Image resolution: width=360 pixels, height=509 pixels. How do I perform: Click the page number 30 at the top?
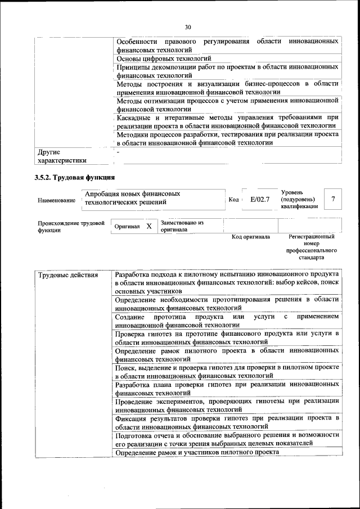click(188, 26)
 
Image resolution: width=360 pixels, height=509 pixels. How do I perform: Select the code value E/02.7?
click(260, 200)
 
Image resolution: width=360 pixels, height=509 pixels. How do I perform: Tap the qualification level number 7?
click(334, 200)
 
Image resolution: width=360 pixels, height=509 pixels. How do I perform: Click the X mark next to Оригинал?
click(149, 226)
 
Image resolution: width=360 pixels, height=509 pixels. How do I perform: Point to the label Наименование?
click(56, 201)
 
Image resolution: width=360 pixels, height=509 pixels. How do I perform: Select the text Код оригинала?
click(251, 237)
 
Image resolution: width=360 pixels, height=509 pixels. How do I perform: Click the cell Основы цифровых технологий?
click(164, 58)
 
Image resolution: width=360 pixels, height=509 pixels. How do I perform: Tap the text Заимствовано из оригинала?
click(182, 226)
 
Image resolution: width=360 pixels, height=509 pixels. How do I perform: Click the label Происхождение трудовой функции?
click(71, 227)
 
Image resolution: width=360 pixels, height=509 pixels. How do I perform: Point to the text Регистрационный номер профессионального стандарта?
click(311, 247)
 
